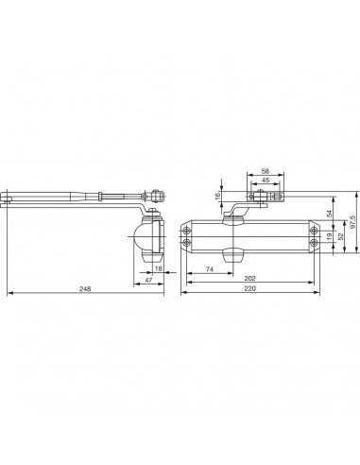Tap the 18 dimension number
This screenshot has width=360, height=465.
coord(159,268)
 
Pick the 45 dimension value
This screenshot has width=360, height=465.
coord(265,181)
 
